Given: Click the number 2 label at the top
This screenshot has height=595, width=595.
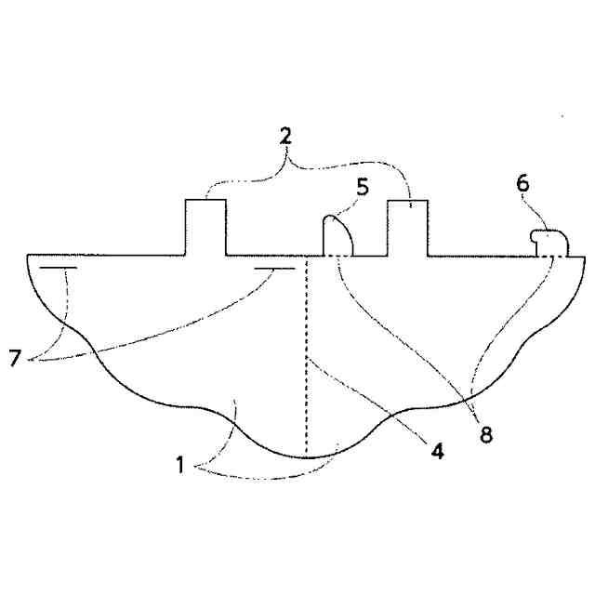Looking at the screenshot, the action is point(287,135).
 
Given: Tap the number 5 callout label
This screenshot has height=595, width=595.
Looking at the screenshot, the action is point(362,186).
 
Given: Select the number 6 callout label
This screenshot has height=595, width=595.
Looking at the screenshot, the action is point(523,183).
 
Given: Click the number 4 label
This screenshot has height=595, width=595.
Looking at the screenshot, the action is point(436,452).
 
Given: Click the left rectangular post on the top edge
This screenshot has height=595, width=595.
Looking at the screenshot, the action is point(205,228).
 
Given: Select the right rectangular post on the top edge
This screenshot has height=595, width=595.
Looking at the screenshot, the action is point(406,228).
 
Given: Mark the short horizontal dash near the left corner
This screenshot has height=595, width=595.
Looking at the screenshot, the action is point(59,268).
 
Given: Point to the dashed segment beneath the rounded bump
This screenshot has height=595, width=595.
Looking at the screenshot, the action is point(338,256).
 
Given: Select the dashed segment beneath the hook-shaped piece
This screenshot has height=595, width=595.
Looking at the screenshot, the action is point(555,256).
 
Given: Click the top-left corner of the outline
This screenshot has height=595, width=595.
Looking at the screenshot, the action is point(28,255).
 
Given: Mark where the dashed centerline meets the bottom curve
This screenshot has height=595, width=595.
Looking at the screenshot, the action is point(307,457).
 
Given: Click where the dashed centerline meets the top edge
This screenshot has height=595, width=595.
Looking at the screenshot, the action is point(307,256).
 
